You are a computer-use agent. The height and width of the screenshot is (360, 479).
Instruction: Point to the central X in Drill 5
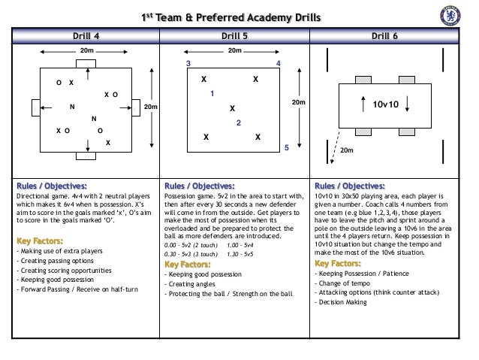(232, 108)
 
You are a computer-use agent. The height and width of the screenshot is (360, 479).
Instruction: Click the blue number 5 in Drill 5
(286, 149)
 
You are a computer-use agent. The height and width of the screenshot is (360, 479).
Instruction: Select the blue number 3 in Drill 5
(189, 65)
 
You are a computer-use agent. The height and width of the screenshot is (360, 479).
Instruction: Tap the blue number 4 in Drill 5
(279, 65)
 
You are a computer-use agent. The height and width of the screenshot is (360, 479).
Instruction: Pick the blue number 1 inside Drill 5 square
(212, 94)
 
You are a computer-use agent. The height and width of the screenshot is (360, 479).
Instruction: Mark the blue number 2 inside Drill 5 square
(238, 122)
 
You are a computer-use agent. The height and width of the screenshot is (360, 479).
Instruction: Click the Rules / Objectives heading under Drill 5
(199, 186)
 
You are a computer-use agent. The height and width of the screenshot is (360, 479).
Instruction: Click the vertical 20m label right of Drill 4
(150, 107)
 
